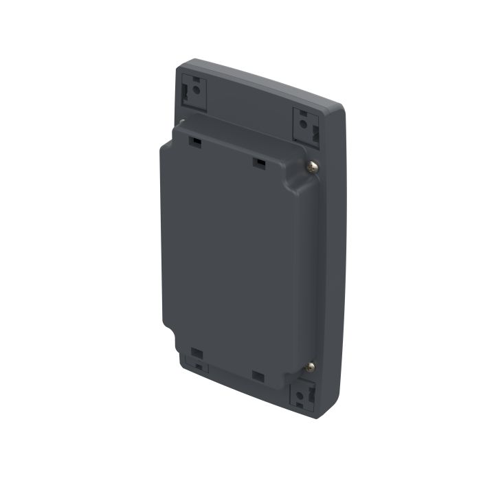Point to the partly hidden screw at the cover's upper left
[x=181, y=123]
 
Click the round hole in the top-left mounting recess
[x=197, y=90]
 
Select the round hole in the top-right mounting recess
[x=305, y=124]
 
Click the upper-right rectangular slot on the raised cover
[x=259, y=163]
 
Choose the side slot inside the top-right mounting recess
[x=314, y=131]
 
